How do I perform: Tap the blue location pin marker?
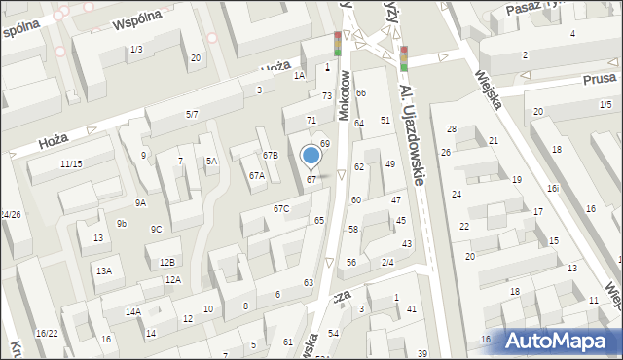pyautogui.click(x=311, y=157)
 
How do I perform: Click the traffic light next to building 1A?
pyautogui.click(x=338, y=44)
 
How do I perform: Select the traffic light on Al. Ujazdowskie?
pyautogui.click(x=403, y=58)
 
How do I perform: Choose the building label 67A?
pyautogui.click(x=256, y=176)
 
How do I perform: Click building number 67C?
pyautogui.click(x=280, y=208)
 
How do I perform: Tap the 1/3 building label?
pyautogui.click(x=136, y=50)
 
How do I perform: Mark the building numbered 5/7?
pyautogui.click(x=192, y=115)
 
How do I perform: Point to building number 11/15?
pyautogui.click(x=70, y=163)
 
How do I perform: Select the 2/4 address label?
pyautogui.click(x=386, y=262)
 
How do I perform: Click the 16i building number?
pyautogui.click(x=552, y=189)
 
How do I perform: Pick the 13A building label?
pyautogui.click(x=103, y=271)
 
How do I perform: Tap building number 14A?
pyautogui.click(x=133, y=312)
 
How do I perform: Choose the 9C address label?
pyautogui.click(x=156, y=230)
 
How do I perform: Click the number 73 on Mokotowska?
pyautogui.click(x=327, y=95)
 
